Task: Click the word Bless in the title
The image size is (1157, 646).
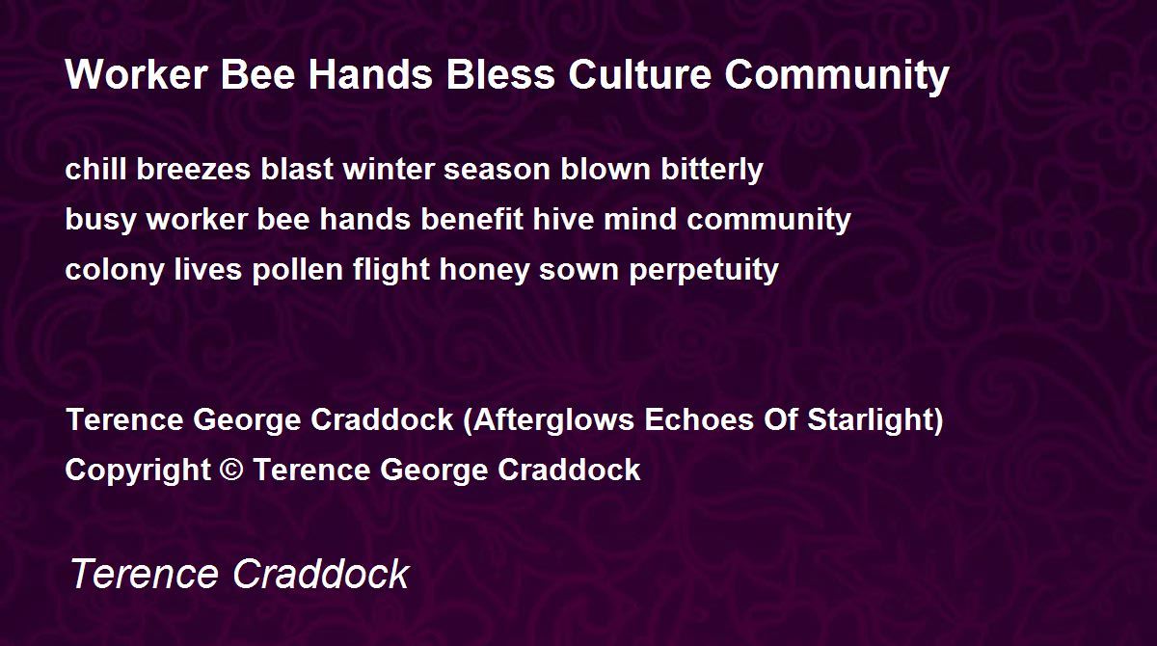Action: coord(500,74)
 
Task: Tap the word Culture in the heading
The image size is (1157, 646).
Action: coord(640,74)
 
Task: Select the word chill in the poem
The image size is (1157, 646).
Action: coord(95,169)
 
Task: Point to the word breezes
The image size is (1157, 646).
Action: coord(193,169)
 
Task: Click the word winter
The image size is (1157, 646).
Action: coord(388,169)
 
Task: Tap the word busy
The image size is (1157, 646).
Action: coord(100,221)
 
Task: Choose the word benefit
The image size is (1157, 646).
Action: coord(472,219)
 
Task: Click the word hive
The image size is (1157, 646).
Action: coord(563,219)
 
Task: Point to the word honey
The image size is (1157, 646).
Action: coord(484,271)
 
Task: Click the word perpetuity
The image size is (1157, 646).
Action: coord(704,271)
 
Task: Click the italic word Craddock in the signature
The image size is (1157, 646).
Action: coord(321,573)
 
